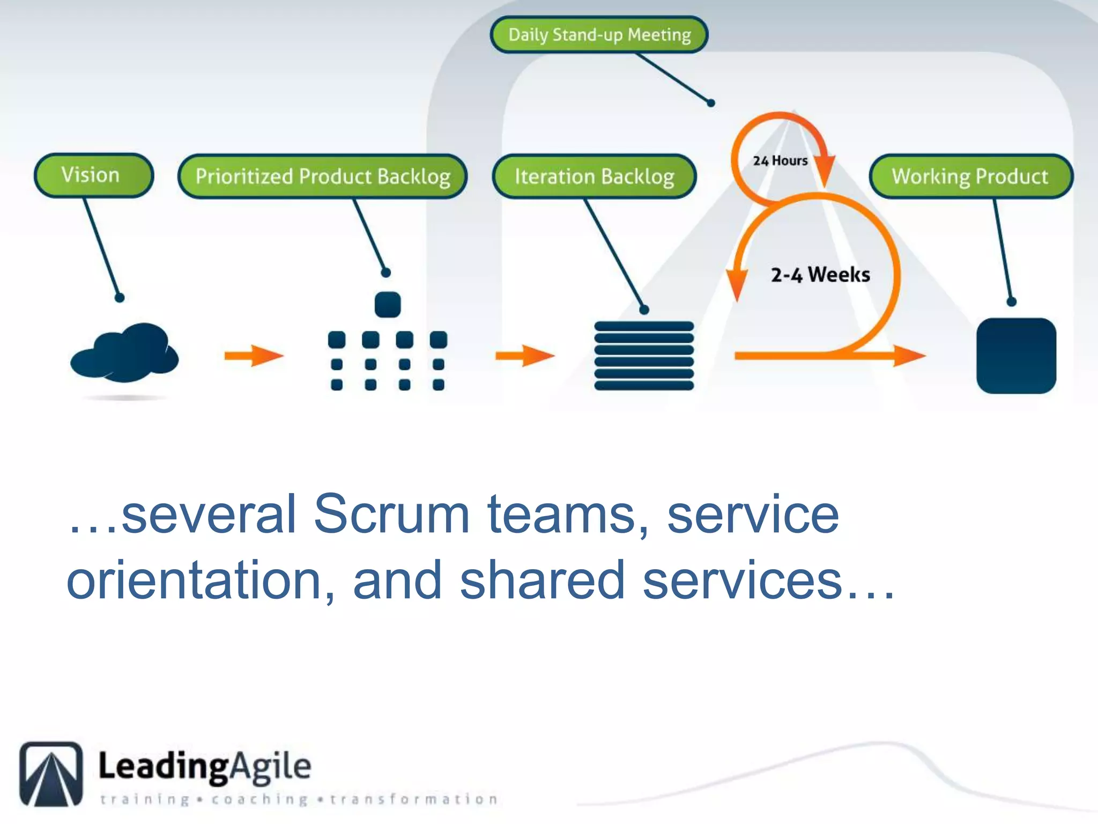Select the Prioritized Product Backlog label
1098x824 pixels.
(322, 176)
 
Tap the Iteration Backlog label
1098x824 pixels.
(594, 176)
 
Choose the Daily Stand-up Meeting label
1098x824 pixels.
(599, 35)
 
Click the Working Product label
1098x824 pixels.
(970, 176)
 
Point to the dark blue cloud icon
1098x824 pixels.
(125, 352)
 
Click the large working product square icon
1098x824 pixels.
(1016, 356)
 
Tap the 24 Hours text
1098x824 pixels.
(780, 160)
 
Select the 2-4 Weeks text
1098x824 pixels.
(820, 275)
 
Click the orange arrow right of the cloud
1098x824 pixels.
(254, 355)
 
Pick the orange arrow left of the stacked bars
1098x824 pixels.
(525, 355)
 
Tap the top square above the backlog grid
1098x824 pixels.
(388, 305)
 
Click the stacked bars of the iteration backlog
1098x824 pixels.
(644, 356)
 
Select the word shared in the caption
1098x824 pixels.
(542, 580)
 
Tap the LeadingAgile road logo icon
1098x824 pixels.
(51, 774)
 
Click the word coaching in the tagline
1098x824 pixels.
(259, 799)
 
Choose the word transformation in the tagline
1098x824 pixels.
(413, 799)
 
